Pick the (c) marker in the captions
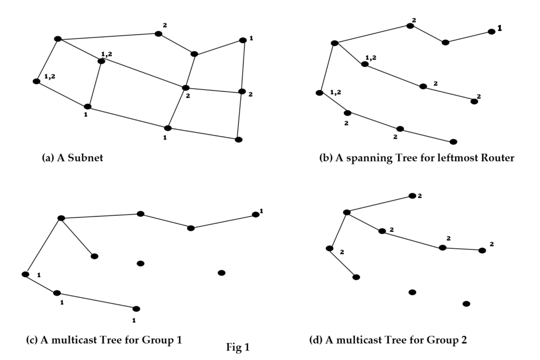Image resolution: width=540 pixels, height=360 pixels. [32, 339]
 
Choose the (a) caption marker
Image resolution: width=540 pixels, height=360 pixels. [47, 158]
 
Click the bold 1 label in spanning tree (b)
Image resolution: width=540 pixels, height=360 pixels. [499, 30]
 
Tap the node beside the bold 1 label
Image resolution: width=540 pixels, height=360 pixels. [491, 32]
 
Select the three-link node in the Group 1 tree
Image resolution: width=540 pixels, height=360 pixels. [61, 218]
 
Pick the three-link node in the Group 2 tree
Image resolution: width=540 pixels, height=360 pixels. [346, 212]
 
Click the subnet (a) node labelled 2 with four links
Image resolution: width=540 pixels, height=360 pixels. [186, 87]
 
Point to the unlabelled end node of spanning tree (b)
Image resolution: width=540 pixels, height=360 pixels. [453, 142]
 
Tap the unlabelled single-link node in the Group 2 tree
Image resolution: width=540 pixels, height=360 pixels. [356, 277]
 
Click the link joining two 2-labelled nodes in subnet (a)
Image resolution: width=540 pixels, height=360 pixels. [214, 90]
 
